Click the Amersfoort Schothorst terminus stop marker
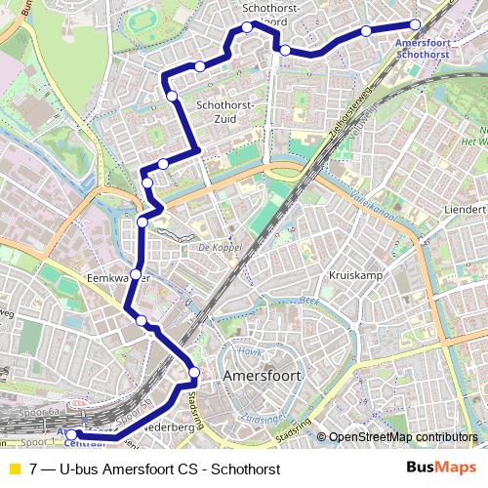tap(415, 24)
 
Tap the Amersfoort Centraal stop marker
tap(70, 434)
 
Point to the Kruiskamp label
tap(354, 275)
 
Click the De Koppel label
tap(219, 248)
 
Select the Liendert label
tap(464, 210)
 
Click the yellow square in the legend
tap(13, 469)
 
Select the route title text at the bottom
tap(155, 469)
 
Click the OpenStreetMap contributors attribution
tap(400, 437)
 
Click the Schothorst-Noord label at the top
tap(271, 14)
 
